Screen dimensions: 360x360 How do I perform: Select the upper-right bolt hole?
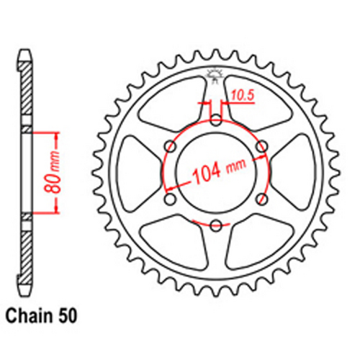tap(262, 146)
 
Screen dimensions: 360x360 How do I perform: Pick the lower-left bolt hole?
tap(170, 199)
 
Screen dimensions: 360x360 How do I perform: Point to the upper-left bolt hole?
tap(170, 146)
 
